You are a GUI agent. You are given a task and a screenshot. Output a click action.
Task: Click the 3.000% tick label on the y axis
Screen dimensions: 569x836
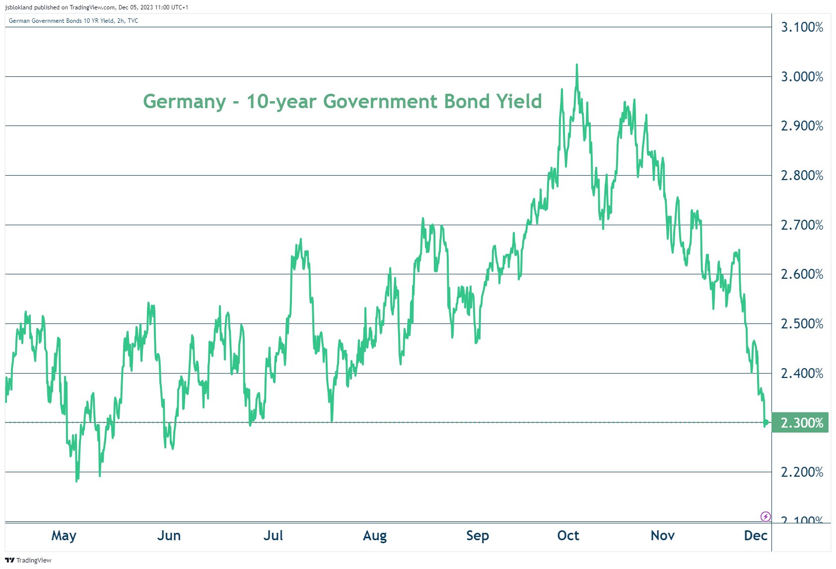tap(802, 77)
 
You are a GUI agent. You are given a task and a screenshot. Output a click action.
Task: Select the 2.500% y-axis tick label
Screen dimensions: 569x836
tap(802, 324)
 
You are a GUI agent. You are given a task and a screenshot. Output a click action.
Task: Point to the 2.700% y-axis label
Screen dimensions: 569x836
tap(802, 225)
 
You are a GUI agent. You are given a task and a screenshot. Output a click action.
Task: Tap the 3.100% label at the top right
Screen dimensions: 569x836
tap(802, 27)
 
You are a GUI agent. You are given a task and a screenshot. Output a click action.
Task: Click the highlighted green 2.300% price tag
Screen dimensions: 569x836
tap(801, 423)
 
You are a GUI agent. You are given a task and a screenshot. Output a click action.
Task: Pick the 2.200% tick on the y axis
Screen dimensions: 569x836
tap(802, 472)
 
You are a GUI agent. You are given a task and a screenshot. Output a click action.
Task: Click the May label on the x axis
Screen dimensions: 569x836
tap(64, 536)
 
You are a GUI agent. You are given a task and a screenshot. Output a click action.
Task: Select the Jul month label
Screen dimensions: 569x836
tap(273, 536)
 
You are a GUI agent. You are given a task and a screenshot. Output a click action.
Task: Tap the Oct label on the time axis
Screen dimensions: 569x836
tap(568, 536)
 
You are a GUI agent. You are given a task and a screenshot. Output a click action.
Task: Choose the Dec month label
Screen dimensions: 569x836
tap(756, 536)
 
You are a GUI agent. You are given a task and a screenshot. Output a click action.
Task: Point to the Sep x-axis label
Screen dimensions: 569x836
tap(478, 536)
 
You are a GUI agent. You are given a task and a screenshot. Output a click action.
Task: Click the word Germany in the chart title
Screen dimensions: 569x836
tap(184, 102)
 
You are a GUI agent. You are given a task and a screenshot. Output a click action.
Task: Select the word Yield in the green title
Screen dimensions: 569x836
tap(519, 101)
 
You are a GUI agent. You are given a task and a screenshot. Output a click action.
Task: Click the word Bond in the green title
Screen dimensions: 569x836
tap(467, 101)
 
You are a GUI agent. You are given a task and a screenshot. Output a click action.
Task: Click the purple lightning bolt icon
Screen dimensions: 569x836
tap(766, 516)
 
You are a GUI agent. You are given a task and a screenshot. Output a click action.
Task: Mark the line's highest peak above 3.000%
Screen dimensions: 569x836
tap(576, 64)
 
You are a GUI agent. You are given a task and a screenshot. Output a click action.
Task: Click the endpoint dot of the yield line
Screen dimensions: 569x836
tap(766, 423)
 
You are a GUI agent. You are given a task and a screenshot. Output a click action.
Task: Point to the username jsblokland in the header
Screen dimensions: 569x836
tap(18, 7)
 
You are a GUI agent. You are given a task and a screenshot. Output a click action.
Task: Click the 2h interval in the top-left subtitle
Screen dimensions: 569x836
tap(121, 21)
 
